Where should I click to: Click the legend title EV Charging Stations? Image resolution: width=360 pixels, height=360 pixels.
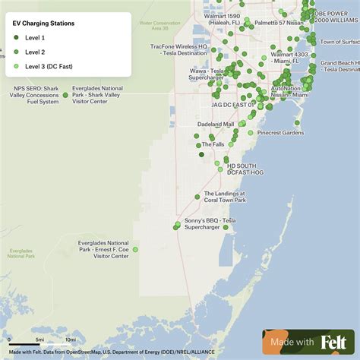pos(44,24)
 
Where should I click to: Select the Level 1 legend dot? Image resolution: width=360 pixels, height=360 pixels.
pos(17,37)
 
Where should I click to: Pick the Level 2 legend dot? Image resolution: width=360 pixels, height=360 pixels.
pos(17,52)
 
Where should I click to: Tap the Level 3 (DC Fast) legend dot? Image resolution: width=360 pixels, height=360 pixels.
pos(17,66)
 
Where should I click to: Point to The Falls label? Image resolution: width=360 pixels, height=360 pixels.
pos(212,144)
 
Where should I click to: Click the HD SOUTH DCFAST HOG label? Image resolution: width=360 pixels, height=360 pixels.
pos(242,169)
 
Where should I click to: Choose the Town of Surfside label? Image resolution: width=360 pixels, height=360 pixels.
pos(339,42)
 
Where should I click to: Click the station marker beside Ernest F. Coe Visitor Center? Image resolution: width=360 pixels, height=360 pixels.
pos(135,249)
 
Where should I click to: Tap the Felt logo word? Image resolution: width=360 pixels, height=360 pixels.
pos(334,343)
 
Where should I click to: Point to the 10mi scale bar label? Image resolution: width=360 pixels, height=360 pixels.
pos(71,339)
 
